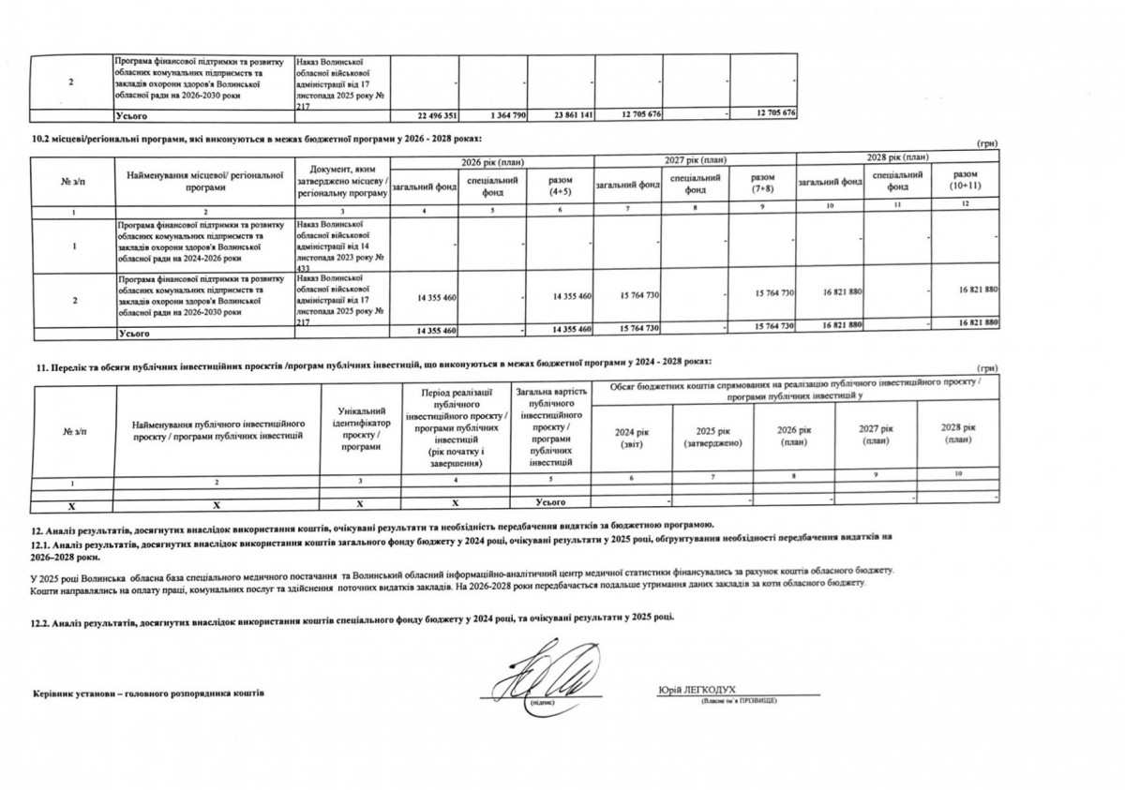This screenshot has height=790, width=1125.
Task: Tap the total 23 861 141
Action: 568,114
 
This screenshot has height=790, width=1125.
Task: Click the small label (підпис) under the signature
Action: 542,701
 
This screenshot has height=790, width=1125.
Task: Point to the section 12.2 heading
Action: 352,620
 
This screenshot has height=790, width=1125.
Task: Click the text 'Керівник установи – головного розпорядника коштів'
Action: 148,693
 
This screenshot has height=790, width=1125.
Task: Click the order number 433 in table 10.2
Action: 302,267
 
